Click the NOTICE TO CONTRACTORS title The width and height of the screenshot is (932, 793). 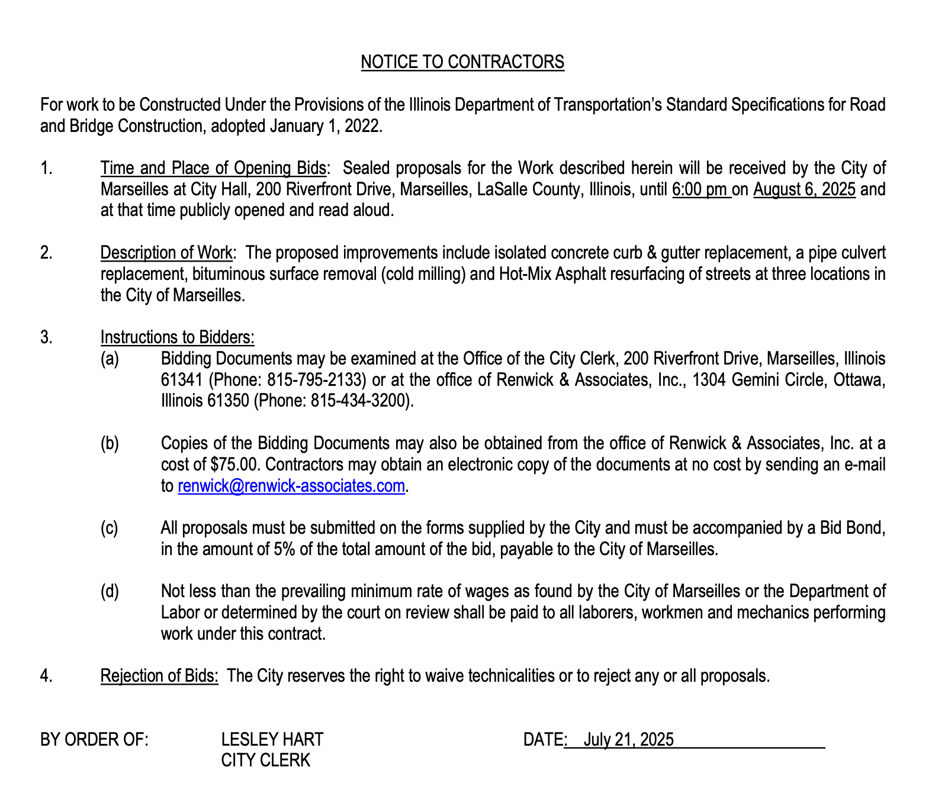click(462, 62)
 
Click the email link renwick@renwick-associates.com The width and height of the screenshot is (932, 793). click(291, 486)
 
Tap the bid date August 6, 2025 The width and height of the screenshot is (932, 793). click(804, 189)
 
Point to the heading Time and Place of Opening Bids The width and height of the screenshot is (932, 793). click(213, 168)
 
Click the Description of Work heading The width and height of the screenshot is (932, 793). click(166, 253)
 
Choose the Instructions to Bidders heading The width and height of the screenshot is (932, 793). click(177, 337)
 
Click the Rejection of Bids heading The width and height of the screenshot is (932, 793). click(159, 675)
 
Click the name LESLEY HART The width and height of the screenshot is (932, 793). click(272, 739)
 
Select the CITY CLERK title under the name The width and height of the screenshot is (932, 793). click(265, 760)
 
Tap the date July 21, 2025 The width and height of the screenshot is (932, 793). click(628, 739)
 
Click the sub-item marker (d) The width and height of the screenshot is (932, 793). click(110, 591)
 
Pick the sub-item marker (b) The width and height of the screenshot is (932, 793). click(110, 443)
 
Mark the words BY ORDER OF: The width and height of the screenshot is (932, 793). click(94, 739)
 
